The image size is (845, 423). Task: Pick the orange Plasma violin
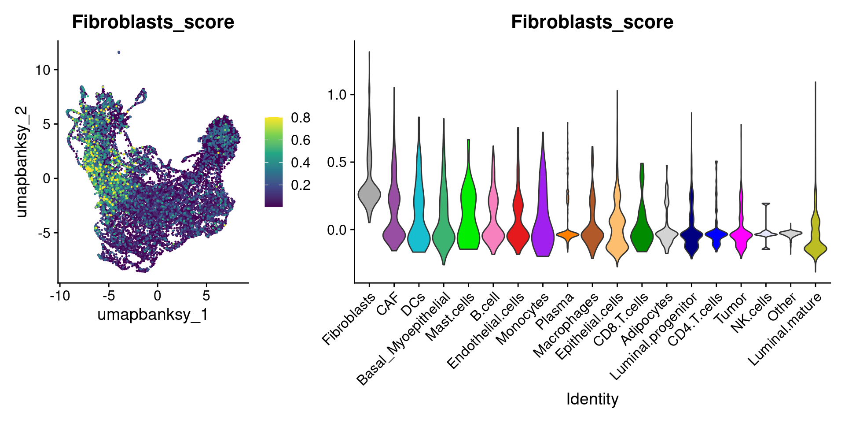(567, 234)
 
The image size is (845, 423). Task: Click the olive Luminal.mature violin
(816, 249)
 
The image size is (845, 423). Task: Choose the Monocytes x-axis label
(522, 319)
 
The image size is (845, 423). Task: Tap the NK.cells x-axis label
(751, 312)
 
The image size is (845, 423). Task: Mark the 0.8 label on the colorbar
(301, 118)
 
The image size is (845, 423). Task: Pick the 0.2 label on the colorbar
(301, 185)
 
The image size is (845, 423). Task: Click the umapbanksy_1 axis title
(153, 315)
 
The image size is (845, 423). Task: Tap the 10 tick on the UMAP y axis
(43, 70)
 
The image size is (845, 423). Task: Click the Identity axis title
(592, 399)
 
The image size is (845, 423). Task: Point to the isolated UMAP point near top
(119, 52)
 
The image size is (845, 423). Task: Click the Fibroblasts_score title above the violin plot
(592, 22)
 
